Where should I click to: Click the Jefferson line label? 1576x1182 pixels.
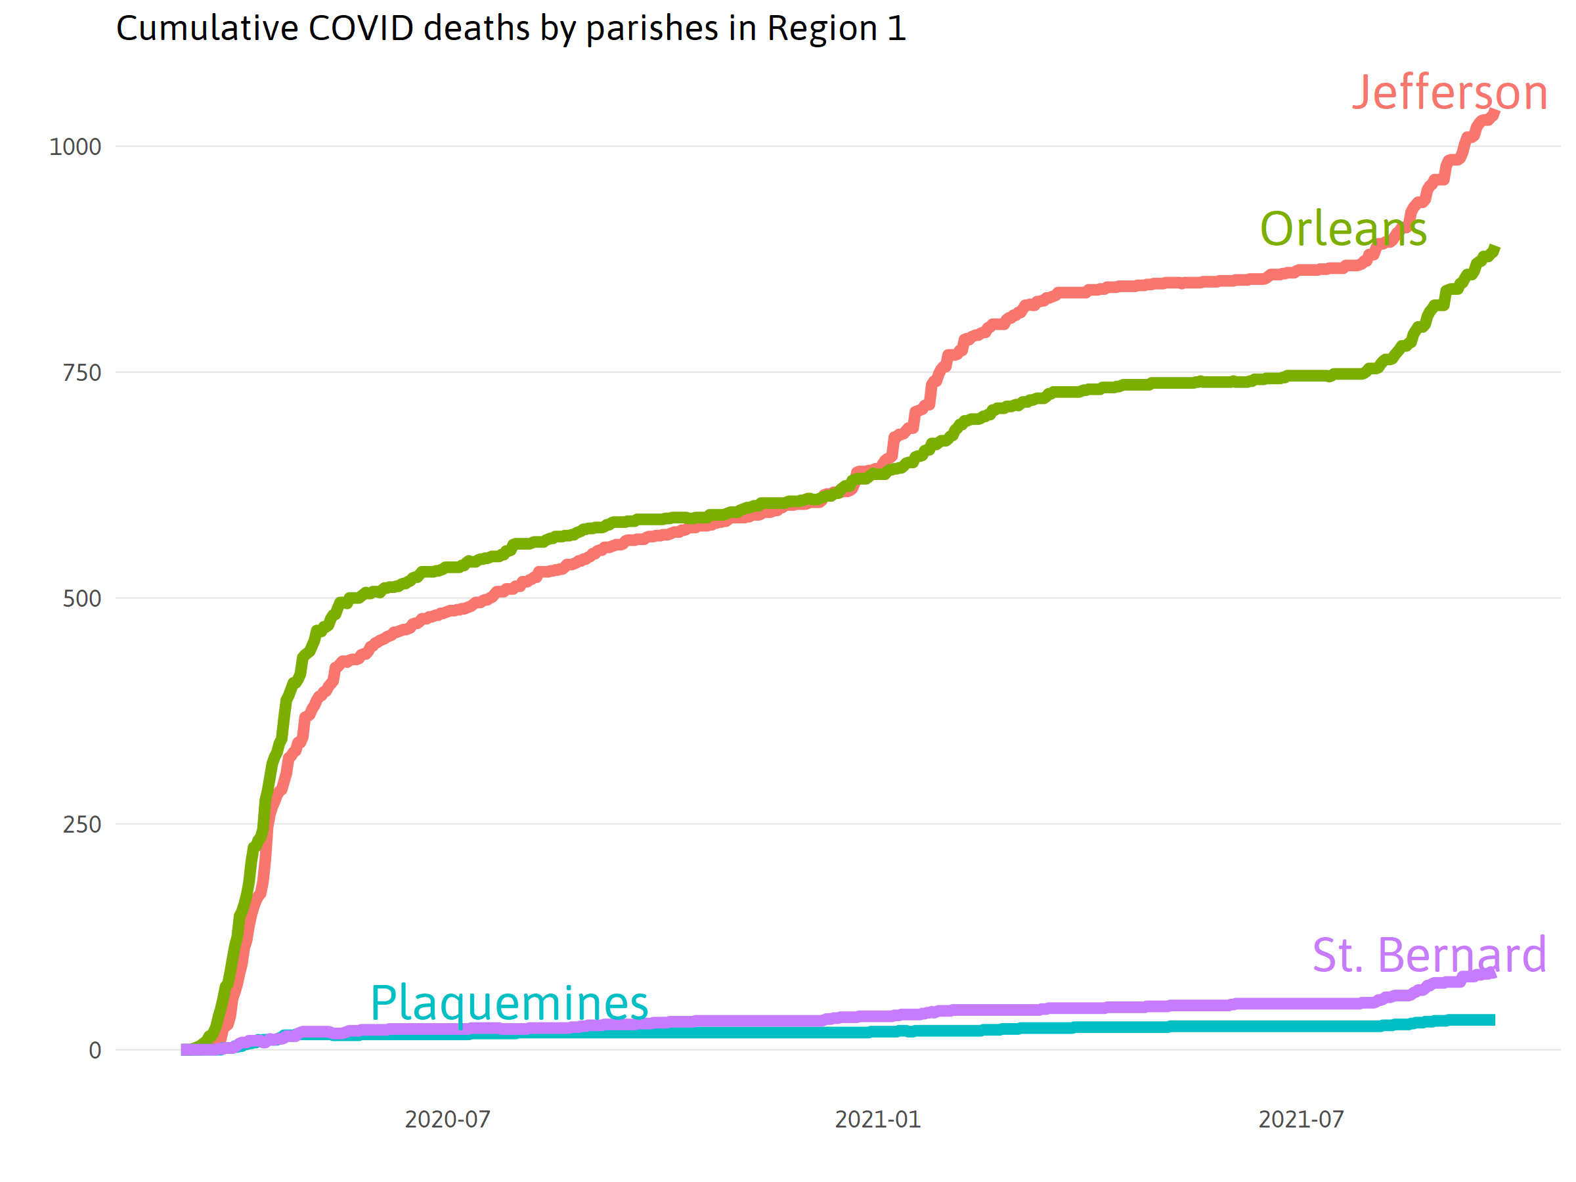pyautogui.click(x=1449, y=93)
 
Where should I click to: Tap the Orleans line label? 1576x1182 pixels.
pyautogui.click(x=1343, y=229)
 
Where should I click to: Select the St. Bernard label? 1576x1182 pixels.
pyautogui.click(x=1429, y=955)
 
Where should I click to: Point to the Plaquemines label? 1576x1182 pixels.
pyautogui.click(x=509, y=1003)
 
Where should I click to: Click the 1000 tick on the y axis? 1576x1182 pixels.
pyautogui.click(x=75, y=147)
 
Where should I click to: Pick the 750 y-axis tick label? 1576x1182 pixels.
pyautogui.click(x=82, y=372)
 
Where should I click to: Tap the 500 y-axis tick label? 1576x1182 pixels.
pyautogui.click(x=82, y=598)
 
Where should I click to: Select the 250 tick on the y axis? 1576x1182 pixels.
pyautogui.click(x=82, y=824)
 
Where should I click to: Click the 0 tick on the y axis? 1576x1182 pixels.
pyautogui.click(x=95, y=1050)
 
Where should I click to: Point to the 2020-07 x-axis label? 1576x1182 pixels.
pyautogui.click(x=447, y=1120)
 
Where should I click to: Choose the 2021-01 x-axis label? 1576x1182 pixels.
pyautogui.click(x=878, y=1120)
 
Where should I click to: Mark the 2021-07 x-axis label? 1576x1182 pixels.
pyautogui.click(x=1301, y=1120)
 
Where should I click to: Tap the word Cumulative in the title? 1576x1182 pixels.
pyautogui.click(x=208, y=28)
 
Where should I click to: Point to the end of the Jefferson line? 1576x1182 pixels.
pyautogui.click(x=1496, y=112)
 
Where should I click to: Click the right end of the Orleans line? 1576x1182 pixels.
pyautogui.click(x=1496, y=249)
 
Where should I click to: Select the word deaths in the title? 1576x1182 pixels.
pyautogui.click(x=477, y=28)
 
